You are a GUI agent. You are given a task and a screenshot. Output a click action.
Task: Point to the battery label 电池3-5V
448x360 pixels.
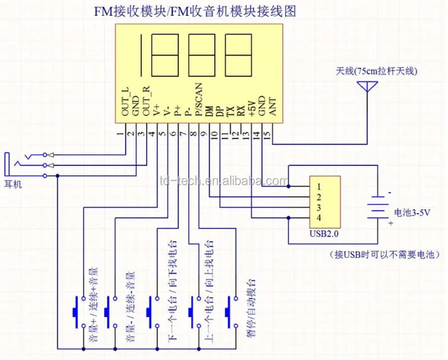click(412, 213)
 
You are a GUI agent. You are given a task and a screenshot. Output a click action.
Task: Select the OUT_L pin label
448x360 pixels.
click(126, 102)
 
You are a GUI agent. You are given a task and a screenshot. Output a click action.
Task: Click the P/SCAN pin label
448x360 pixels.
click(199, 100)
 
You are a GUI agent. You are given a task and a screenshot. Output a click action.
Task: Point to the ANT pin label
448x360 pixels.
click(272, 106)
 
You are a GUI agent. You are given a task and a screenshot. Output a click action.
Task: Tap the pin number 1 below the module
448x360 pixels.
click(120, 134)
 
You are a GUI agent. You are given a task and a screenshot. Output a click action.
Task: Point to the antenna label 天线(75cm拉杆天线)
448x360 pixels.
click(376, 71)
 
